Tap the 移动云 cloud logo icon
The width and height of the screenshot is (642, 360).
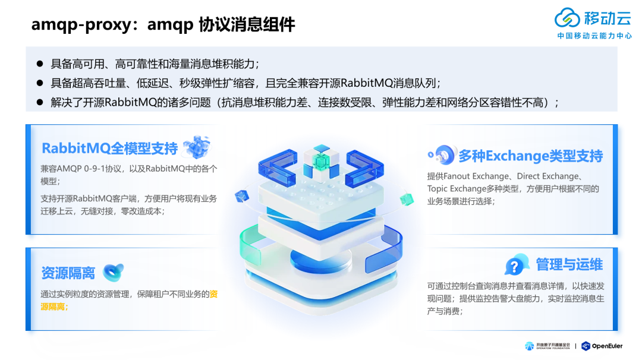[567, 18]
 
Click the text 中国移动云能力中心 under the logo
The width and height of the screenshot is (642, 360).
[594, 36]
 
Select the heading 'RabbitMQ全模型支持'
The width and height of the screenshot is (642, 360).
[109, 148]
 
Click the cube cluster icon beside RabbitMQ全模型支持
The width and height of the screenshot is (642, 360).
[197, 147]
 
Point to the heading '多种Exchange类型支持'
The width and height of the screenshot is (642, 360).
[530, 156]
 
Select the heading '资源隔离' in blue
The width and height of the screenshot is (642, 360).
[68, 273]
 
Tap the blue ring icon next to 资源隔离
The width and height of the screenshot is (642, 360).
[113, 272]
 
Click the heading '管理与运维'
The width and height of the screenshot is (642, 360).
[569, 264]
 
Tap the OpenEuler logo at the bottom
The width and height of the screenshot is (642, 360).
[602, 346]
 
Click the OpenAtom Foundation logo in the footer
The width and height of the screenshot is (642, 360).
[547, 346]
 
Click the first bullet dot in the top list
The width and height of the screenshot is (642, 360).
[40, 64]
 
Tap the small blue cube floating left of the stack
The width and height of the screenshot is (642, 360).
[241, 196]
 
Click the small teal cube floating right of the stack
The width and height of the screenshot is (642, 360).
[407, 198]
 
